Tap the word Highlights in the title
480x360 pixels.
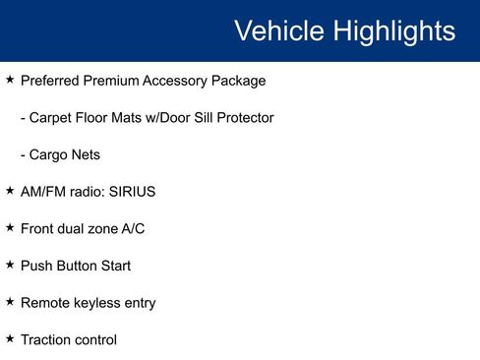393,30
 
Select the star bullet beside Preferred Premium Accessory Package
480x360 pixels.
10,79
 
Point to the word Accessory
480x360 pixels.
173,80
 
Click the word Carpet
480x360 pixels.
53,117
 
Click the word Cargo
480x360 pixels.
51,154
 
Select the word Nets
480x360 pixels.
87,154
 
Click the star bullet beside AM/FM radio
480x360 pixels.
10,191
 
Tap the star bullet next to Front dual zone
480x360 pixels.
10,227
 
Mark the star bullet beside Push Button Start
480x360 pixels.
10,265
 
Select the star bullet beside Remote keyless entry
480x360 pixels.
10,302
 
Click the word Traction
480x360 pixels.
47,340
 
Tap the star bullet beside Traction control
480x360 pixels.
10,339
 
